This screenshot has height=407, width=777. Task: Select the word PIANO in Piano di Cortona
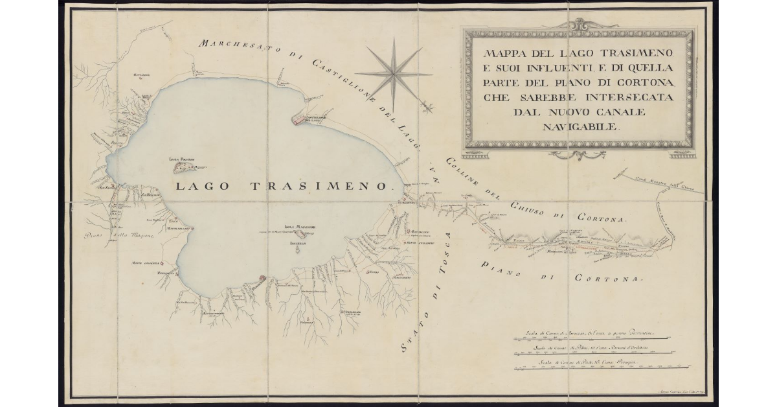pos(501,268)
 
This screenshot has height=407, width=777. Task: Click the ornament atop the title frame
pos(578,24)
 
